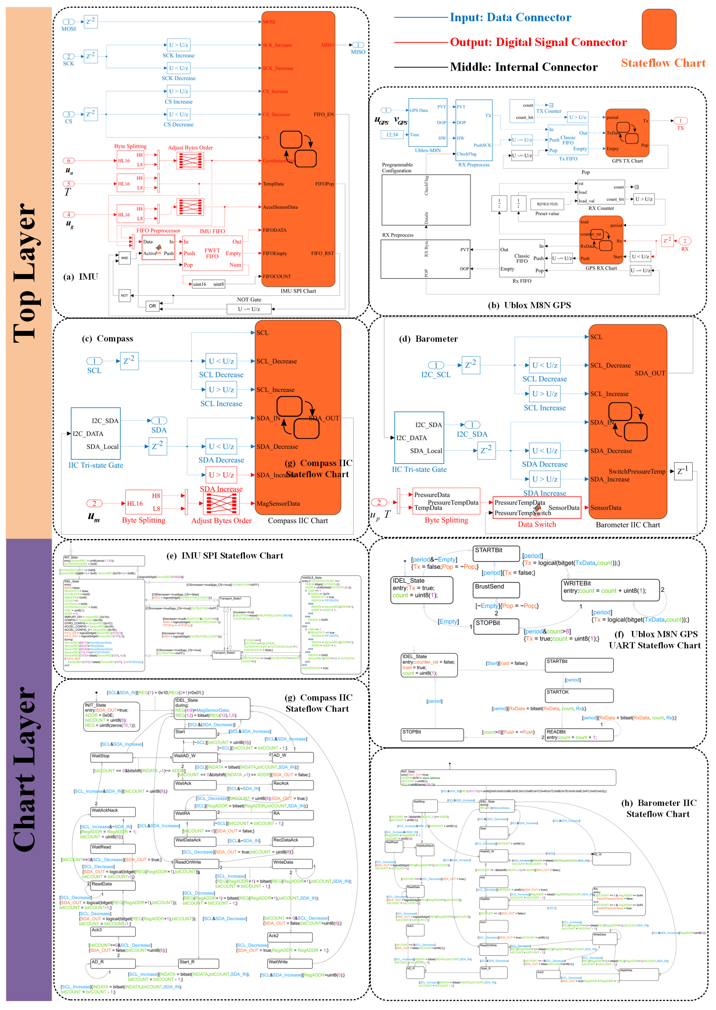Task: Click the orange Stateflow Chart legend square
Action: click(x=658, y=29)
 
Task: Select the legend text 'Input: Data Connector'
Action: click(x=510, y=18)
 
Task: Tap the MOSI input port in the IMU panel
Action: click(x=68, y=22)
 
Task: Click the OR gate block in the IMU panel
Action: click(x=152, y=306)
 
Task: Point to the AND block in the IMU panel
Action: click(x=125, y=258)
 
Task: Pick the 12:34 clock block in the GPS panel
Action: click(x=392, y=135)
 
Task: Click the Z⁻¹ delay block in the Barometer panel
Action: click(x=683, y=471)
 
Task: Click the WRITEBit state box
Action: click(x=610, y=590)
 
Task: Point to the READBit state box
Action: click(x=579, y=734)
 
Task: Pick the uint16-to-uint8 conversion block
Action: click(x=208, y=284)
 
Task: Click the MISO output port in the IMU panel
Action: click(x=358, y=45)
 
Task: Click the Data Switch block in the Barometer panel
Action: click(x=536, y=508)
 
